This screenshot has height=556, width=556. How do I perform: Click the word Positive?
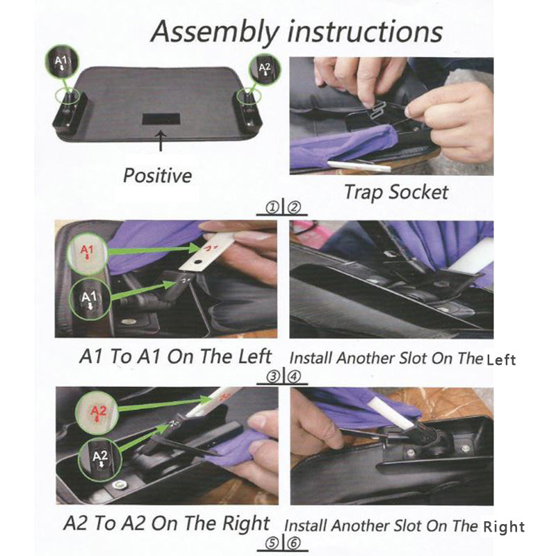pos(157,174)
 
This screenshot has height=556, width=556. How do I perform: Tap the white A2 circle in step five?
pos(99,459)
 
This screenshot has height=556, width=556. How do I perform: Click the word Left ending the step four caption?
pos(501,359)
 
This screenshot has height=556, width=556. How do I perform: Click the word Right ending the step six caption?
pos(506,527)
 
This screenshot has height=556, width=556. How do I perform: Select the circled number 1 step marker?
pos(272,206)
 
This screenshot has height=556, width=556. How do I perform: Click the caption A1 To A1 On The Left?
pos(175,357)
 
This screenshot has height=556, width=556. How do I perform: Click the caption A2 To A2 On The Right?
pos(167,523)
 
